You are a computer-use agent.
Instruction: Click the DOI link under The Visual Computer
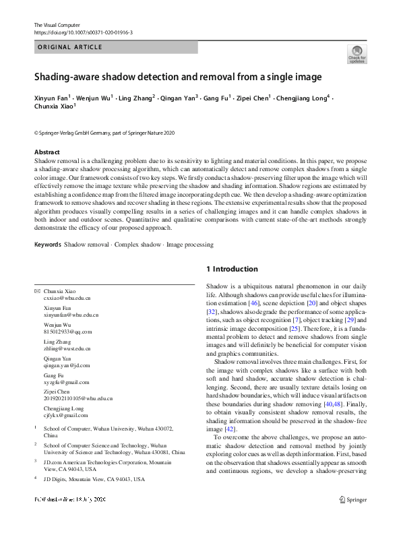coord(83,32)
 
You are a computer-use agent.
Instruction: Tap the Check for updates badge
coord(357,54)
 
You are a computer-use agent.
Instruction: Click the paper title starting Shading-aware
coord(178,77)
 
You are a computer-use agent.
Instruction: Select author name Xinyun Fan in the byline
coord(51,98)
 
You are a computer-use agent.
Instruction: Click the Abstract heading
coord(47,152)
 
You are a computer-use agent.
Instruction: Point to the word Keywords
coord(47,245)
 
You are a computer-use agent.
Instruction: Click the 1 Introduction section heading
coord(232,270)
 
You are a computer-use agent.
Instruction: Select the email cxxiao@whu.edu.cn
coord(67,297)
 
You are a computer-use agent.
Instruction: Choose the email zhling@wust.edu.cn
coord(67,349)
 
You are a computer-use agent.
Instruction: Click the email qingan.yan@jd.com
coord(66,366)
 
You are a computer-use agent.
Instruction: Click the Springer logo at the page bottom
coord(353,500)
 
